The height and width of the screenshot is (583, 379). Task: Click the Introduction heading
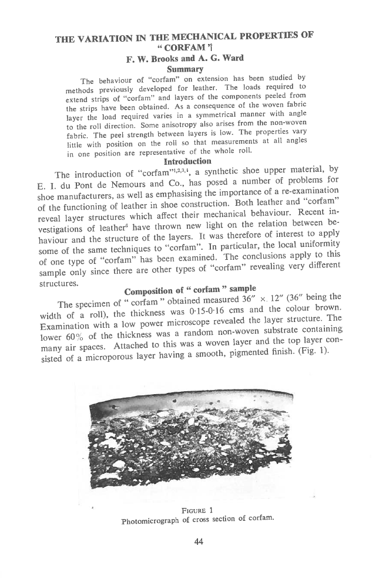click(x=188, y=161)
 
